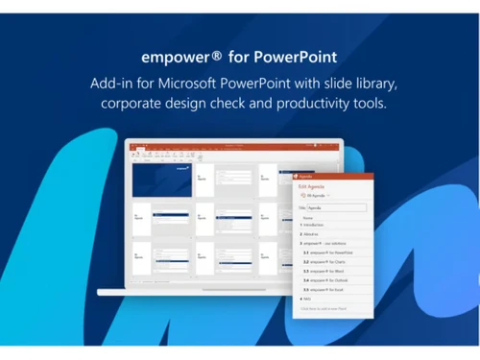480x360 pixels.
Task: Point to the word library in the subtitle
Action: [365, 83]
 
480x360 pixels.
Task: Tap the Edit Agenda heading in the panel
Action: [313, 186]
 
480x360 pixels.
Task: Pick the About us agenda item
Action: [316, 233]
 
